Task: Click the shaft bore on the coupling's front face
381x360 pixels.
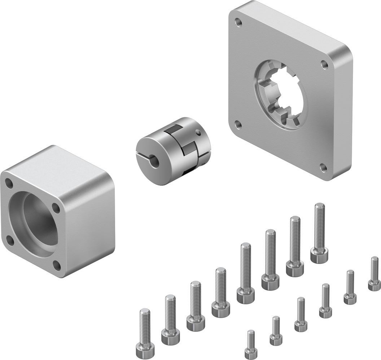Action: (x=156, y=160)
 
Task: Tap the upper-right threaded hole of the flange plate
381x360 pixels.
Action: (x=324, y=64)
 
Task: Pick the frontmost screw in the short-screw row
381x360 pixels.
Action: (x=251, y=345)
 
